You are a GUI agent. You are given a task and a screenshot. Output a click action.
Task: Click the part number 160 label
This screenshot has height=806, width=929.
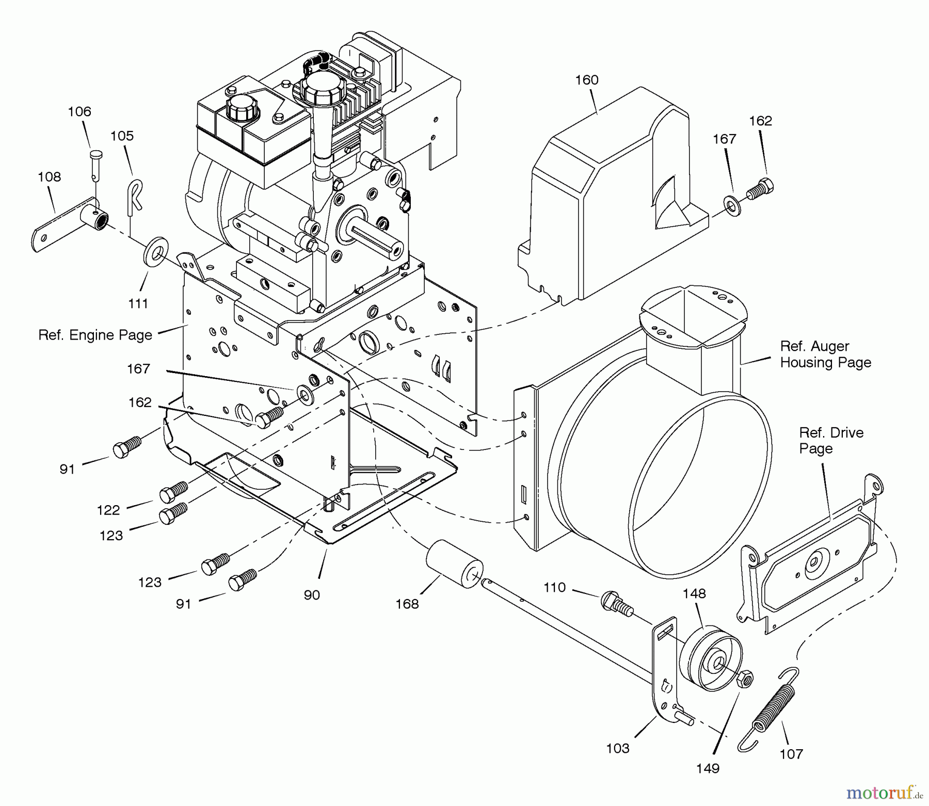[587, 80]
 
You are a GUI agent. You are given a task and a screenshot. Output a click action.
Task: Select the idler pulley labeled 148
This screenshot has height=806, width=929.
[711, 659]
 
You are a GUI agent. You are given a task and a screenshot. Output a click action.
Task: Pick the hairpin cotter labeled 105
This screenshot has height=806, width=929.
[134, 196]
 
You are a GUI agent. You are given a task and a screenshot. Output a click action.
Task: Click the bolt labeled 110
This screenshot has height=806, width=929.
[615, 603]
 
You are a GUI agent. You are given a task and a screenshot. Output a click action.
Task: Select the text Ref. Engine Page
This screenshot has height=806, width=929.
[95, 335]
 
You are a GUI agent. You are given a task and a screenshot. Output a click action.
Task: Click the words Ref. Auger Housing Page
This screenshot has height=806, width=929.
[825, 354]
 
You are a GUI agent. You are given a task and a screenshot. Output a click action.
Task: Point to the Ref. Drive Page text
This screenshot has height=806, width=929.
[830, 440]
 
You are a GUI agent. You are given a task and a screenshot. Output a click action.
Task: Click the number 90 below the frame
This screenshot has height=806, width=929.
[312, 595]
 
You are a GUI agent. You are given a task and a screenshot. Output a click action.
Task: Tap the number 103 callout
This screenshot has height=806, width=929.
[617, 748]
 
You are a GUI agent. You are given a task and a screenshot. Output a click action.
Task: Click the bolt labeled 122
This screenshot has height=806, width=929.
[173, 491]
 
